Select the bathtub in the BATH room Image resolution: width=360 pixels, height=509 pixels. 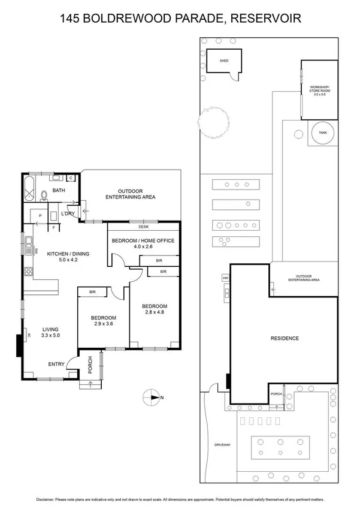tap(29, 189)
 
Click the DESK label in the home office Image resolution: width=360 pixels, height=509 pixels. tap(143, 227)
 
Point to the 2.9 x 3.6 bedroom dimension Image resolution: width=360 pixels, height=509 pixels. tap(102, 324)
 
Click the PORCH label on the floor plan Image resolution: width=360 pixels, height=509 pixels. tap(89, 366)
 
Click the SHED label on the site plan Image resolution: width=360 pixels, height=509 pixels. tap(224, 61)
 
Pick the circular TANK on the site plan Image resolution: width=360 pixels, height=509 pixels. tap(322, 133)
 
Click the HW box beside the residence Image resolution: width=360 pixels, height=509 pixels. tap(226, 278)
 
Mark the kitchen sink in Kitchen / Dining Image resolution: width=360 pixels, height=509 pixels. tap(28, 242)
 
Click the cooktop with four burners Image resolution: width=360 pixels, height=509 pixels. tap(28, 272)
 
